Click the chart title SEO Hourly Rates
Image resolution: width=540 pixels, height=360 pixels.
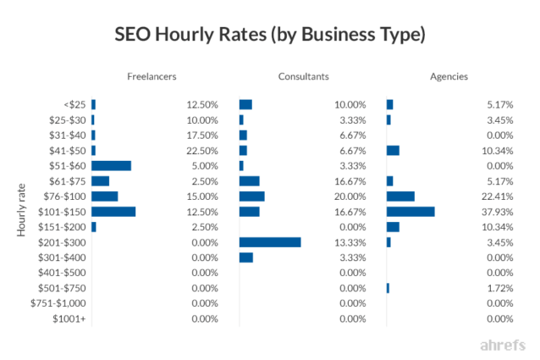click(270, 36)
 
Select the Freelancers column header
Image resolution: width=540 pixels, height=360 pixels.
click(152, 77)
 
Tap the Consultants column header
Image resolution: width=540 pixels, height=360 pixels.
click(303, 77)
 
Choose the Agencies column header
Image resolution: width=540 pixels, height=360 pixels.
click(449, 77)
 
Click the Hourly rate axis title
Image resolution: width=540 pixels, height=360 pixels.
click(23, 211)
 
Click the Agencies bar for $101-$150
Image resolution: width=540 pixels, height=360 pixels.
click(411, 212)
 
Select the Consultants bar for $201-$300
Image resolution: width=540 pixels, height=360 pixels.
click(270, 242)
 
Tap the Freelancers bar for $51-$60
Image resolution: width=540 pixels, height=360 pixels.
click(111, 166)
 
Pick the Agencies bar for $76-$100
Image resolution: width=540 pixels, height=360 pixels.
click(400, 197)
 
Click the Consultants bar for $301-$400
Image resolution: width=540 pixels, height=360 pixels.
click(246, 258)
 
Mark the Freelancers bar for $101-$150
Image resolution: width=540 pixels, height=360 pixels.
click(113, 212)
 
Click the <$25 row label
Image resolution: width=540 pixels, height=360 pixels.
click(74, 104)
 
